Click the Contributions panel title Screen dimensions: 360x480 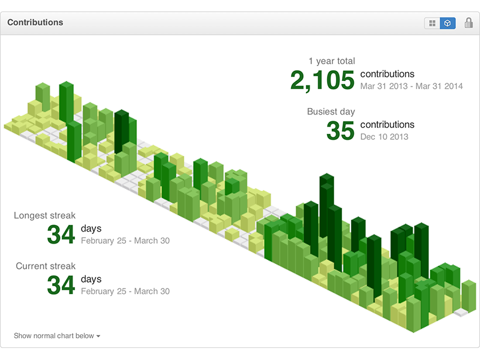pos(35,23)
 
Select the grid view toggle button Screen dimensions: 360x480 pos(432,23)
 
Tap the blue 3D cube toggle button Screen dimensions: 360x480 pos(448,23)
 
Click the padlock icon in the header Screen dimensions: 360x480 pos(469,23)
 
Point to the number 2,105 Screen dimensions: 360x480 pos(322,80)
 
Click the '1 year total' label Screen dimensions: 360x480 pos(331,61)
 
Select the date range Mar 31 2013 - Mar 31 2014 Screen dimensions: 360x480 pos(411,86)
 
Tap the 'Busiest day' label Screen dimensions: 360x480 pos(331,112)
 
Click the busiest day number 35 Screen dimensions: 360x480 pos(340,131)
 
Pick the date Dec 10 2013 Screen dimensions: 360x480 pos(384,137)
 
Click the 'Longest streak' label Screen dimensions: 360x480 pos(45,215)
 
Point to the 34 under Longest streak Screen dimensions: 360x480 pos(61,235)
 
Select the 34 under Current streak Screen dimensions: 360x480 pos(61,285)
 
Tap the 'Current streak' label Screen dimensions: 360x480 pos(46,266)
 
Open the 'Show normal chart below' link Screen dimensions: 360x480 pos(54,336)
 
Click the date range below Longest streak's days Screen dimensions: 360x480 pos(125,241)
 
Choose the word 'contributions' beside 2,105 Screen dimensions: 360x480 pos(387,74)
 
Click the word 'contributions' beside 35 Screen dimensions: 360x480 pos(387,124)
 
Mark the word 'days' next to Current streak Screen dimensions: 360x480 pos(91,279)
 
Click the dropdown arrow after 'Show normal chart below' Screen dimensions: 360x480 pos(98,337)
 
